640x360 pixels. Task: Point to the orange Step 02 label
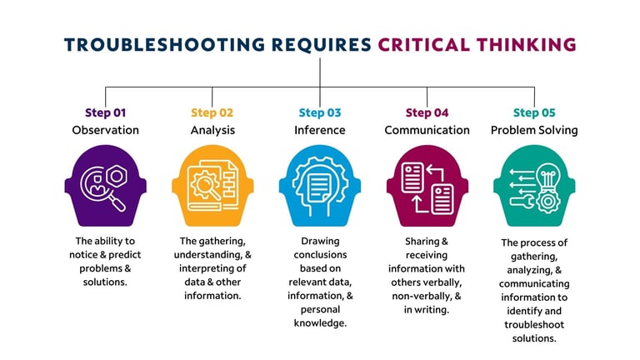(x=212, y=112)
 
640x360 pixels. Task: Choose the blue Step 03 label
(x=320, y=112)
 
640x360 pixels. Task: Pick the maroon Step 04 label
(x=427, y=112)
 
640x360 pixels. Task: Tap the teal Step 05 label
(x=534, y=112)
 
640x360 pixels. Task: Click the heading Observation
(x=106, y=130)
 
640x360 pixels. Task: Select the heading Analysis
(x=212, y=130)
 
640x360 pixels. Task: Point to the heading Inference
(x=320, y=130)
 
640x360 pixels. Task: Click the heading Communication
(x=427, y=130)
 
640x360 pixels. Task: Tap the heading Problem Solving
(x=534, y=130)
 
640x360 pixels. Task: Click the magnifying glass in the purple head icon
(x=112, y=197)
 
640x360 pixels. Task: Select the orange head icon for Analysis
(x=212, y=187)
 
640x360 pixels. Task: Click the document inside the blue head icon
(x=319, y=186)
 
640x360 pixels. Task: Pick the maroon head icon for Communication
(x=427, y=187)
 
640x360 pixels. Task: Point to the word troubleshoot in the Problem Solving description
(x=534, y=324)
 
